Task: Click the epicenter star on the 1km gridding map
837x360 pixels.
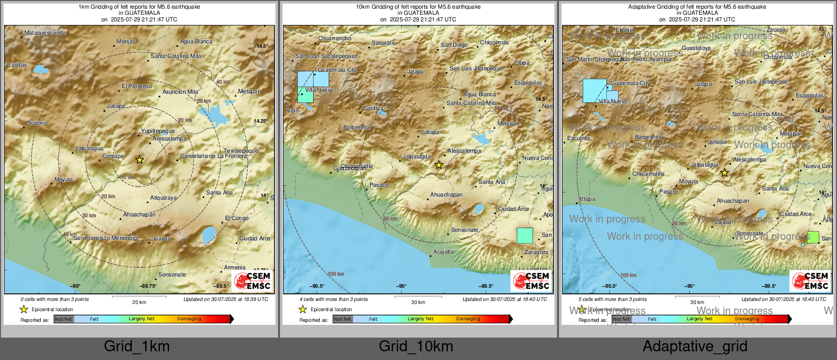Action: click(x=139, y=160)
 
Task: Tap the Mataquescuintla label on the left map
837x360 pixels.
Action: click(x=45, y=33)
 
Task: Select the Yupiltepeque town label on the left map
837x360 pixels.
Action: click(x=158, y=131)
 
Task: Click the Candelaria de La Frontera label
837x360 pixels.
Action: click(x=213, y=156)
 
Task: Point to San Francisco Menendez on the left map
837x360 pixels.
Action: click(x=105, y=238)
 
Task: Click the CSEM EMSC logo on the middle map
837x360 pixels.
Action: click(x=532, y=281)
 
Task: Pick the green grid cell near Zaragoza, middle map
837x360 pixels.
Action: click(x=524, y=236)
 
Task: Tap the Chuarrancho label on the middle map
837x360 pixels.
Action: click(x=334, y=38)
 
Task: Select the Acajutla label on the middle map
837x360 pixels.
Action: click(x=443, y=252)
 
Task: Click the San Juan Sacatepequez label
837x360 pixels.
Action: click(x=326, y=56)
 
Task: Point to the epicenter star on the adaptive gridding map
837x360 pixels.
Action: click(x=724, y=173)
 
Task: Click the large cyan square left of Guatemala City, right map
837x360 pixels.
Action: click(x=594, y=91)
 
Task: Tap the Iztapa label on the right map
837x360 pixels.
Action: click(x=587, y=199)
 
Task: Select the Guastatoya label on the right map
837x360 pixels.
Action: click(x=696, y=48)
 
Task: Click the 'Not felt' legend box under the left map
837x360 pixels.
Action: click(x=64, y=319)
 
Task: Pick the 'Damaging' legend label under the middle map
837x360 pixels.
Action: click(x=468, y=319)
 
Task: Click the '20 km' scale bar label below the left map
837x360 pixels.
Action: click(x=139, y=302)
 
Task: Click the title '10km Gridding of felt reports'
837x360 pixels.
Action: click(x=418, y=7)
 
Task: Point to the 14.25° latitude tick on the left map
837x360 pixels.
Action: click(x=261, y=121)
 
